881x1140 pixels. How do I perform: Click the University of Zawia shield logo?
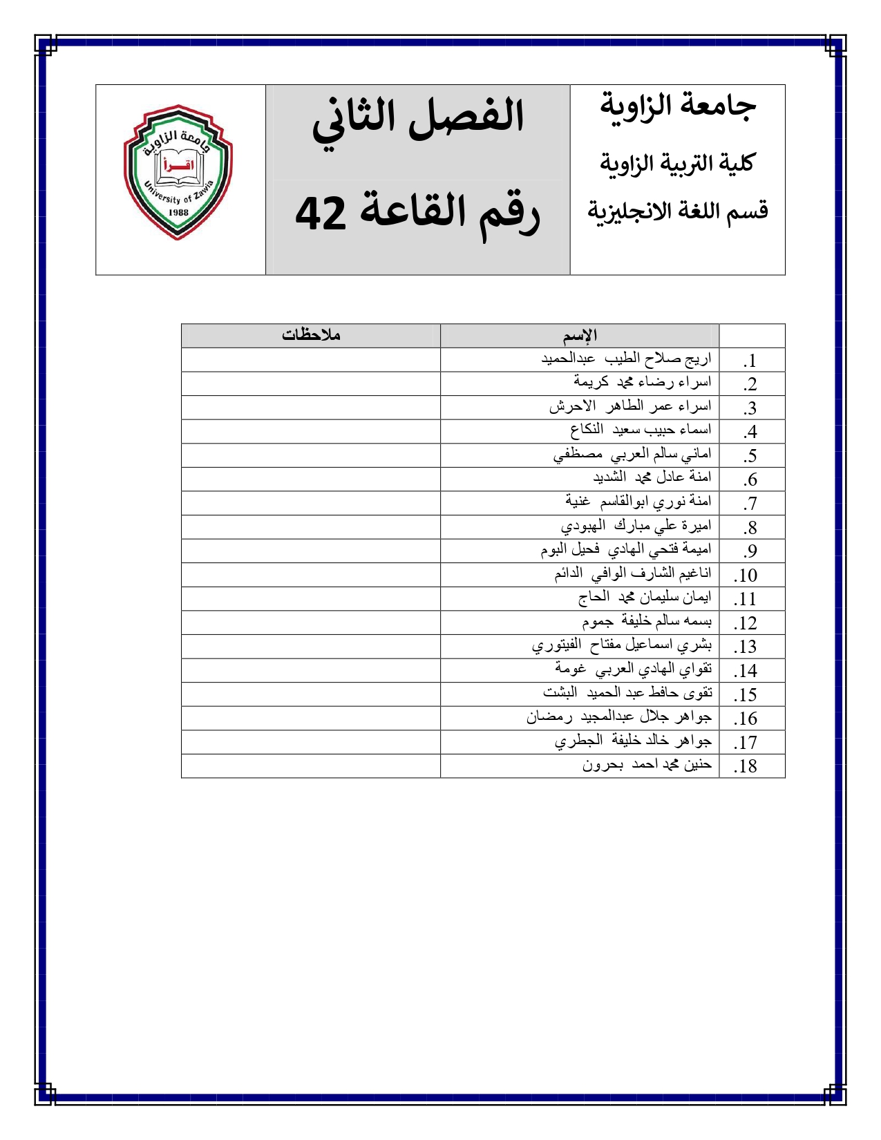point(178,173)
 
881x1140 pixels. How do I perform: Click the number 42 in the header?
point(321,213)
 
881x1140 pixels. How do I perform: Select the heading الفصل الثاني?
point(418,117)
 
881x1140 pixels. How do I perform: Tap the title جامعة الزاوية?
point(677,106)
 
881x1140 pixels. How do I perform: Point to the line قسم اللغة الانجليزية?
point(677,211)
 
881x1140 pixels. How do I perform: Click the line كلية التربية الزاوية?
point(677,164)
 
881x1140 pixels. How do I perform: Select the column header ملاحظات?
point(311,335)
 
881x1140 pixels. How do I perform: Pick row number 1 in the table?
point(750,361)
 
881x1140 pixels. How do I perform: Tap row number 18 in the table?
point(746,766)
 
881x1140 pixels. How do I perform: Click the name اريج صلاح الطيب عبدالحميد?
point(626,359)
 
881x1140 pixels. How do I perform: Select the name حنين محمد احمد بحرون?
point(647,765)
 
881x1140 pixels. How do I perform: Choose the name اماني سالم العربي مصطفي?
point(632,455)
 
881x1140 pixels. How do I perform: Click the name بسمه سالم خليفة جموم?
point(647,622)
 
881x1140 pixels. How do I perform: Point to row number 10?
point(746,576)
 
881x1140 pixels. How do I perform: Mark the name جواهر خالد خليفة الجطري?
point(633,741)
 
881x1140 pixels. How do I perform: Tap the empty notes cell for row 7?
point(311,502)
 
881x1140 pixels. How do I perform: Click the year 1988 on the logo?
point(178,212)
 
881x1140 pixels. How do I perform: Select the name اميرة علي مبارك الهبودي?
point(636,526)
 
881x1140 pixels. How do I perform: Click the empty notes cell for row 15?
point(311,694)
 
